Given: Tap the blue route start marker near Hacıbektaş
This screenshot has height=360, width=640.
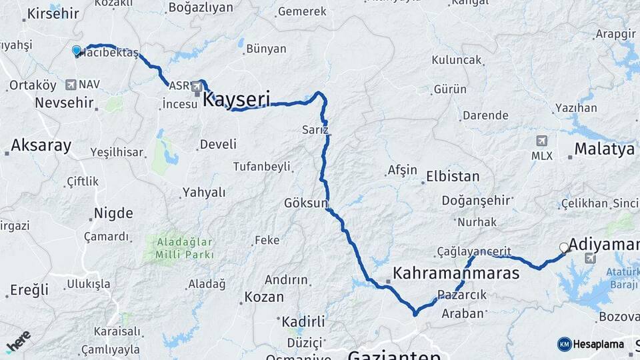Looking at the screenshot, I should [76, 51].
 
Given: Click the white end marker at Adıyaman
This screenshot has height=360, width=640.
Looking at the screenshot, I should [564, 247].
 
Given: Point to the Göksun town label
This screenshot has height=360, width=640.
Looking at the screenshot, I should [306, 203].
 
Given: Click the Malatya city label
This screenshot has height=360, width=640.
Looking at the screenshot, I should [604, 149].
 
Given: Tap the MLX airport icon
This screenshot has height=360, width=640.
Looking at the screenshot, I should [541, 141].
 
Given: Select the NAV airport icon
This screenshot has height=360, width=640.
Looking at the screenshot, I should [71, 85].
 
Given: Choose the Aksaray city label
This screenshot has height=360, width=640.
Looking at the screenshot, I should [41, 145].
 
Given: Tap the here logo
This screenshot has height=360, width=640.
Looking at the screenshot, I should [18, 341].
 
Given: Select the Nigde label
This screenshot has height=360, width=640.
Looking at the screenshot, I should [113, 213].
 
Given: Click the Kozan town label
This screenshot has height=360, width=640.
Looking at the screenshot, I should [264, 297].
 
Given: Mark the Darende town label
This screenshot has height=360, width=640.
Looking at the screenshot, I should [485, 115].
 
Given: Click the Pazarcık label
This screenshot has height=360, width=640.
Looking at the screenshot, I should [463, 295].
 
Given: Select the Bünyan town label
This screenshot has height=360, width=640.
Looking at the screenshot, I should [266, 49].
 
